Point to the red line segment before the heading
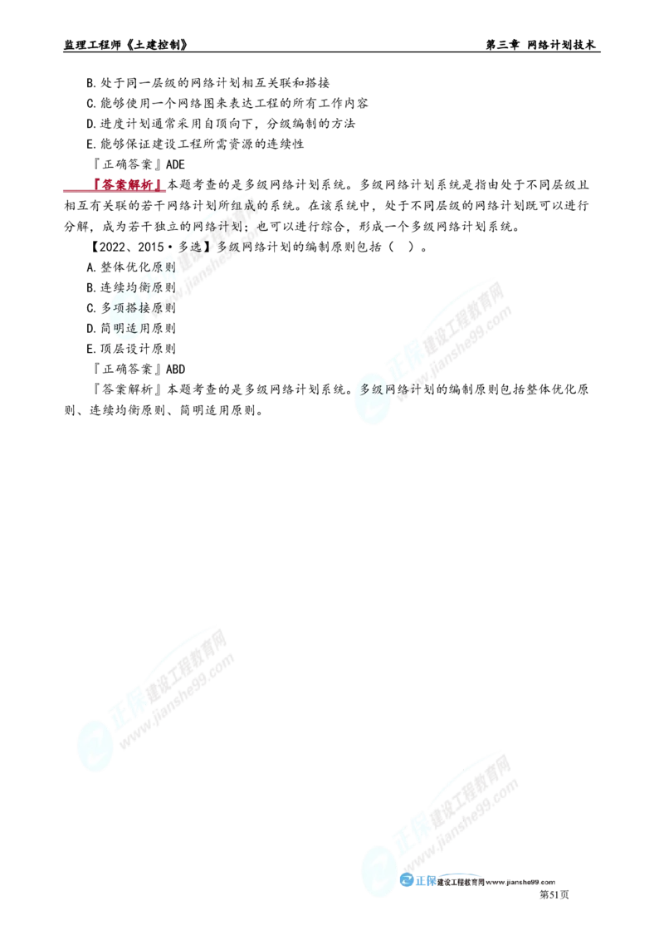click(x=76, y=190)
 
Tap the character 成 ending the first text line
click(x=250, y=205)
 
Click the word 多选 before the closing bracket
click(x=192, y=247)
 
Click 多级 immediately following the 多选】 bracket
click(x=229, y=247)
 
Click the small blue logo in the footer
click(x=417, y=882)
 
